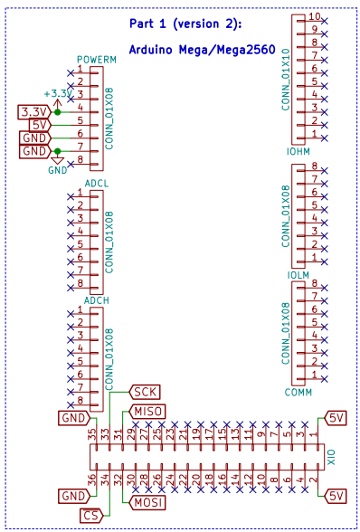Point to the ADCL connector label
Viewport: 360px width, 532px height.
click(96, 184)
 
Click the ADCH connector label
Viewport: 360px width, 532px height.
click(96, 300)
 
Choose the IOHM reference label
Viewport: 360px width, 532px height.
click(298, 150)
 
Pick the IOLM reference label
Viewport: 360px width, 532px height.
click(298, 274)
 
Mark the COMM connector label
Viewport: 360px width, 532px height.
click(298, 392)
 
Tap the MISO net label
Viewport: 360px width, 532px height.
click(148, 412)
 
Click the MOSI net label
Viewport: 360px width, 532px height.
click(147, 502)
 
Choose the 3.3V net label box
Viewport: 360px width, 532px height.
click(35, 111)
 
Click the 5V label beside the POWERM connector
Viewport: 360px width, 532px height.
click(40, 124)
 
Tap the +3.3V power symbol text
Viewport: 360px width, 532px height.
click(57, 93)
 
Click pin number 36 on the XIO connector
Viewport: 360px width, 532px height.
click(92, 480)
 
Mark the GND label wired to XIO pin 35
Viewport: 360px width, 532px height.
click(72, 418)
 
